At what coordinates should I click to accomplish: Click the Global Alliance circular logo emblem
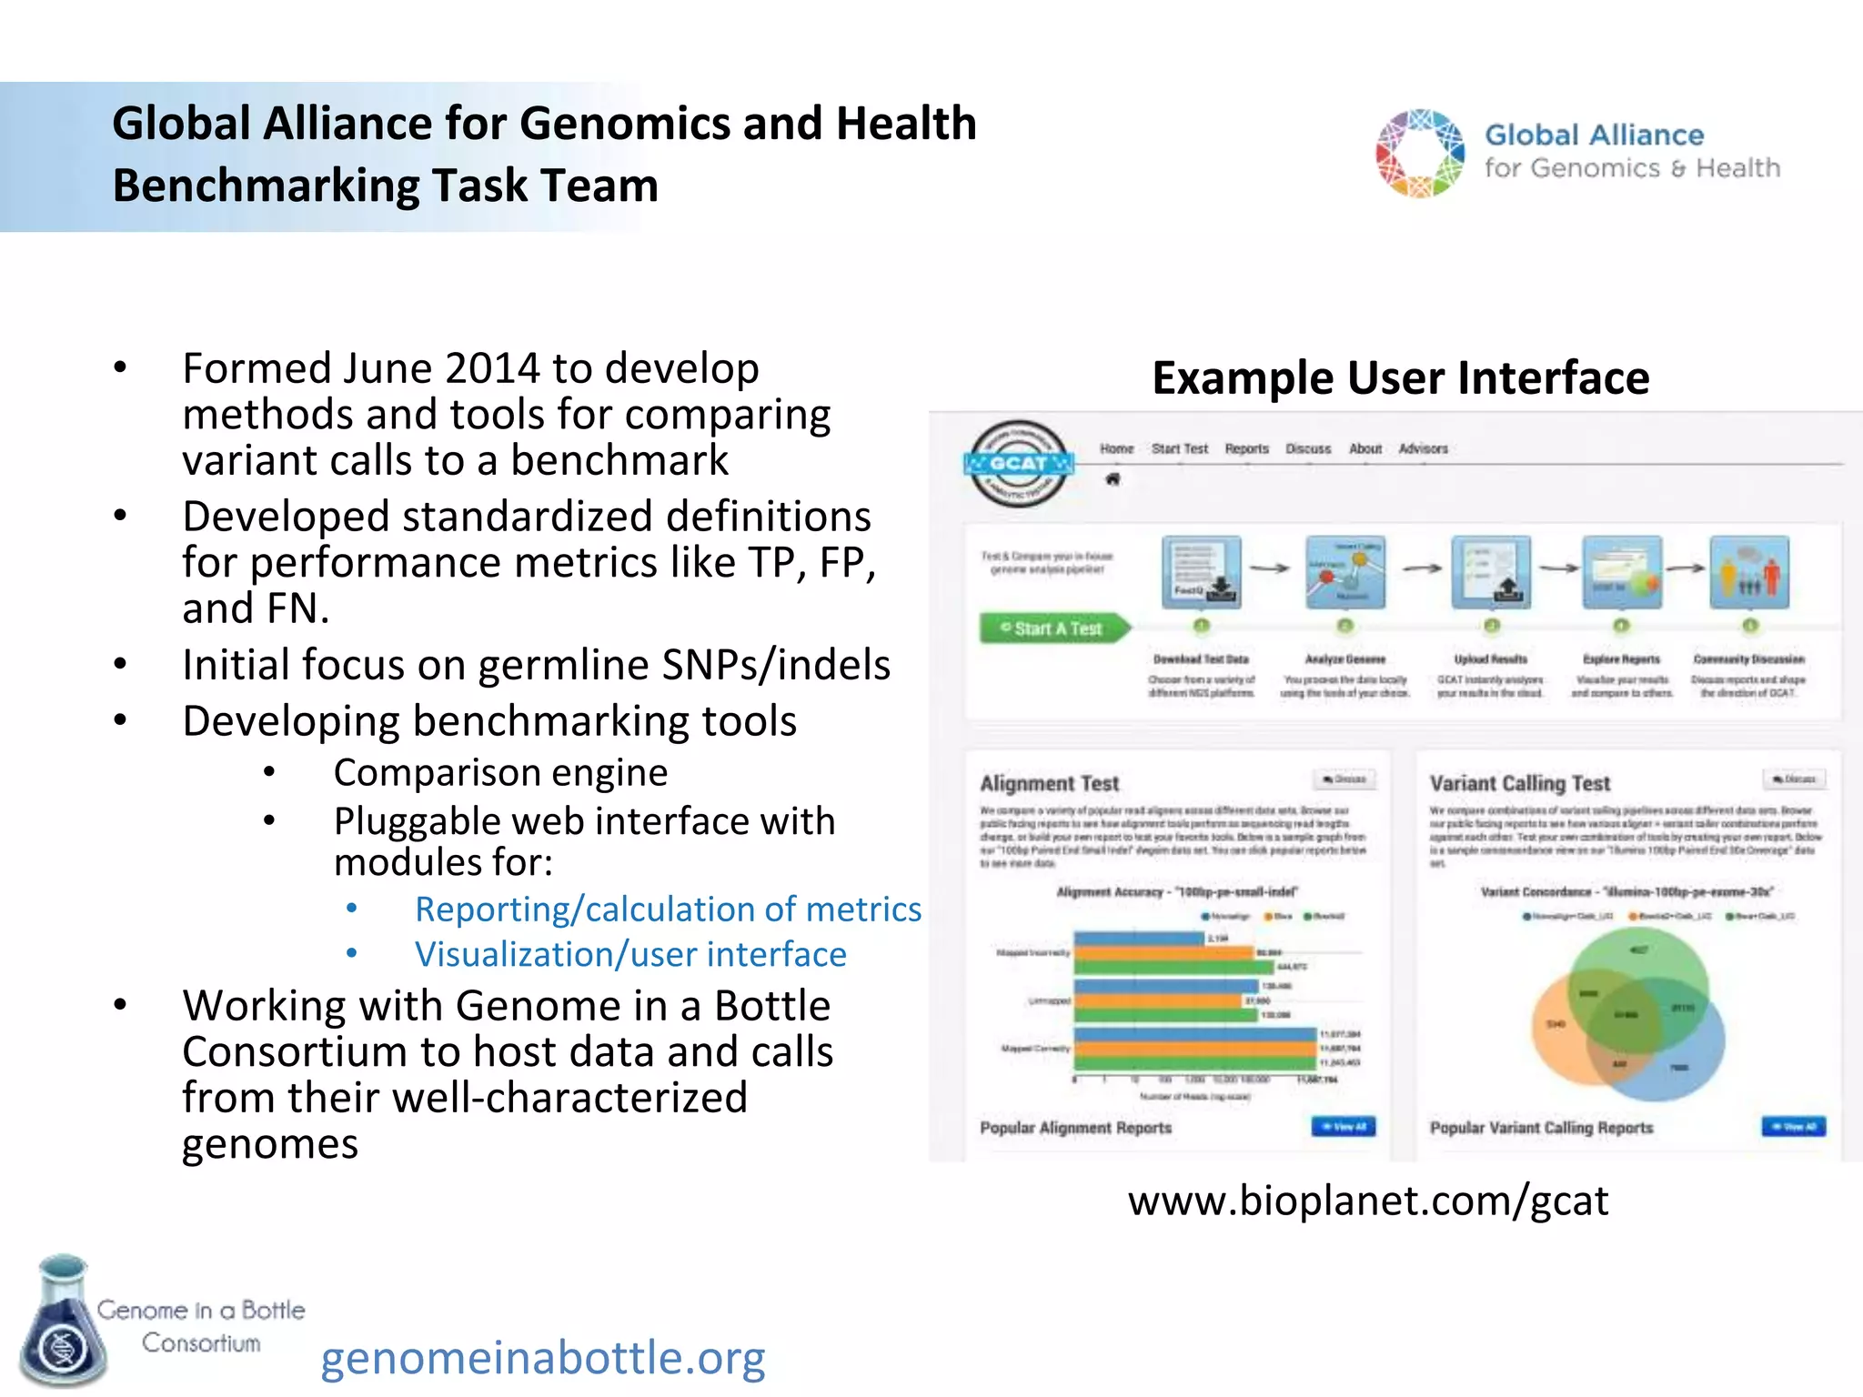tap(1420, 153)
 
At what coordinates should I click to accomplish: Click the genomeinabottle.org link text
tap(542, 1357)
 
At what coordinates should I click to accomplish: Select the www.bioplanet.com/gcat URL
tap(1367, 1201)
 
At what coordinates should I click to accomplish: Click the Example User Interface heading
tap(1400, 377)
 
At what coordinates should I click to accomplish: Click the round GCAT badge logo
tap(1018, 464)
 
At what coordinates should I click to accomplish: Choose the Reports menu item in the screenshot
tap(1246, 448)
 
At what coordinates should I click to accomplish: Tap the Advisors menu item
tap(1423, 448)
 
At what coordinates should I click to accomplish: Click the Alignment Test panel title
tap(1049, 783)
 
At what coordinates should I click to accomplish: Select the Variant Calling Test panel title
tap(1519, 783)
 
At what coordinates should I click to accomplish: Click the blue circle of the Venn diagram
tap(1683, 1064)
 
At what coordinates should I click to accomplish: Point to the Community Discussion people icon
tap(1748, 572)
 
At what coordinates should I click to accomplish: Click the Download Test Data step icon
tap(1201, 572)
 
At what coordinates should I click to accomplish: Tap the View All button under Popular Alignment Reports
tap(1343, 1127)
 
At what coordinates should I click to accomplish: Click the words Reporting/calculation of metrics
tap(668, 909)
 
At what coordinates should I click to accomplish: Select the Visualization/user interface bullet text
tap(630, 954)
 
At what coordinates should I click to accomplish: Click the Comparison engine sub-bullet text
tap(500, 773)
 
